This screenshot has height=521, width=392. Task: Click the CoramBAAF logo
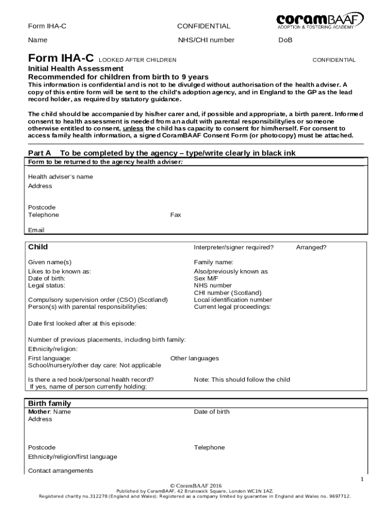coord(320,21)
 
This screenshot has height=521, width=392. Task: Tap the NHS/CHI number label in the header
coord(206,40)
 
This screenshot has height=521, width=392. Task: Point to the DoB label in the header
coord(285,40)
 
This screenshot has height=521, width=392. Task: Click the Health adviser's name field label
coord(60,177)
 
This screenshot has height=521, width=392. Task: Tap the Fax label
coord(176,215)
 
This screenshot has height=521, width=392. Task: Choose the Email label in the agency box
coord(36,230)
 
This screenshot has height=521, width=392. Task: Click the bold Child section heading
coord(38,247)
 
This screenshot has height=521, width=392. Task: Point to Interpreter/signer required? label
coord(234,247)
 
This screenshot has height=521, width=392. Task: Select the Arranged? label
coord(311,247)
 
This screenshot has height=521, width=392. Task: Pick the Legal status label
coord(46,285)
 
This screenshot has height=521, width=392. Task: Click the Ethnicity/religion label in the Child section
coord(53,349)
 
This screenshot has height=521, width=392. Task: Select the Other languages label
coord(194,358)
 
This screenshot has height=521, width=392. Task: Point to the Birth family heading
coord(49,403)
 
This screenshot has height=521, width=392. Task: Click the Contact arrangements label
coord(61,471)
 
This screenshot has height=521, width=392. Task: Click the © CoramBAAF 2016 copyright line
coord(195,486)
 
